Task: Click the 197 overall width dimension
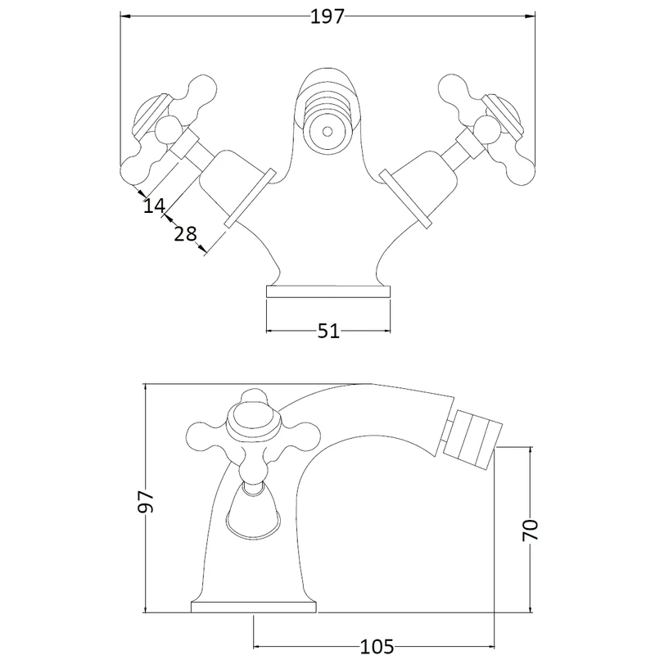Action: coord(327,16)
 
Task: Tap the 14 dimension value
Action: coord(155,206)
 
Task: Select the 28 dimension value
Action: coord(185,233)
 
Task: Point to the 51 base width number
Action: coord(328,331)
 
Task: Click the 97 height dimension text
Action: coord(147,501)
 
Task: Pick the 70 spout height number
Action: coord(531,530)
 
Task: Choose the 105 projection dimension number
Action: coord(377,646)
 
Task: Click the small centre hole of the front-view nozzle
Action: coord(327,132)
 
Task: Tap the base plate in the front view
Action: coord(328,292)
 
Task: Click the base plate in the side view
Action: coord(254,608)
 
